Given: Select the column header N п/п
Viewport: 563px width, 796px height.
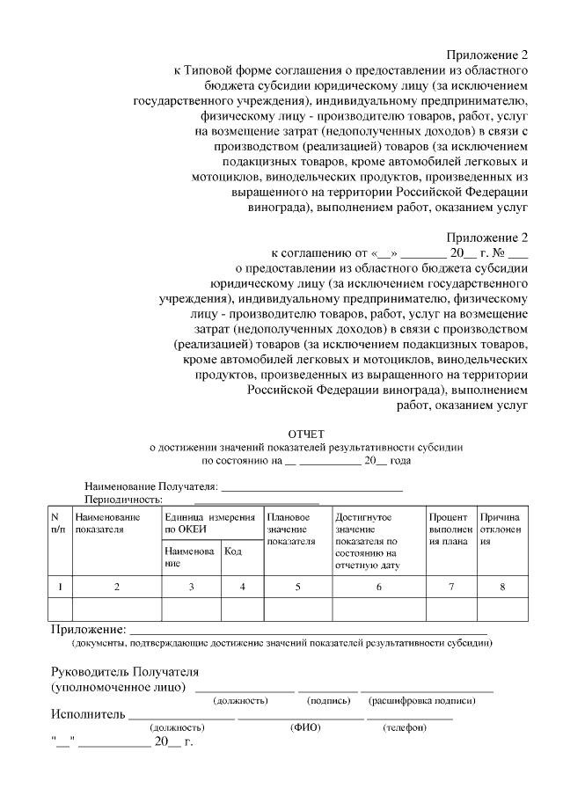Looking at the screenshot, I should (57, 522).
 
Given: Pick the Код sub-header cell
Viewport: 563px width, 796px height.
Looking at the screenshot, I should (234, 551).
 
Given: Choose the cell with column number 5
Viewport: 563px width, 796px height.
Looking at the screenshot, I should (296, 587).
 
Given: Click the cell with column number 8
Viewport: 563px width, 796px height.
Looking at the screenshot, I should (502, 587).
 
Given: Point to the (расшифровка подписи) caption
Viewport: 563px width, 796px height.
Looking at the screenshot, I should (425, 701).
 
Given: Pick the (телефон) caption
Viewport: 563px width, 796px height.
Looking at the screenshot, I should (405, 728).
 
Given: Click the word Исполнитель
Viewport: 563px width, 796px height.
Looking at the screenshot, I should (89, 714).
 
